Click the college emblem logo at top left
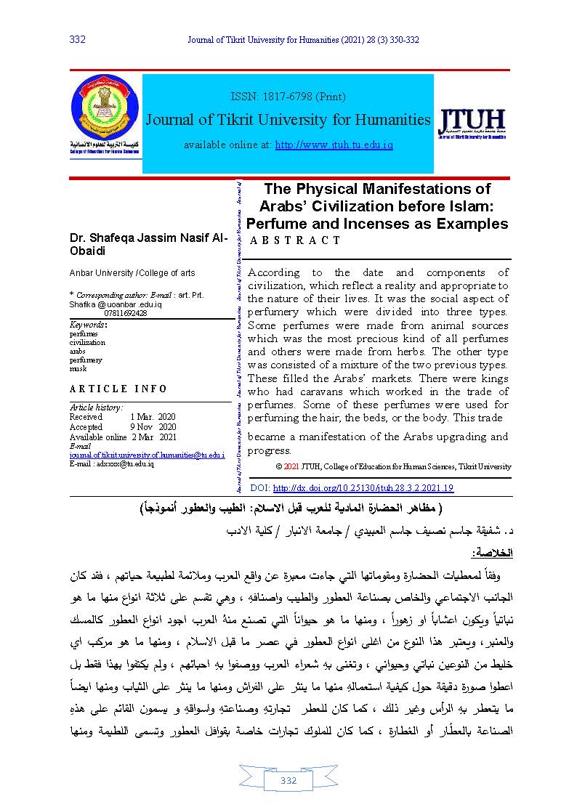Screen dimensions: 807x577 pyautogui.click(x=105, y=109)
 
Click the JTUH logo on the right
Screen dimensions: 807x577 pyautogui.click(x=472, y=123)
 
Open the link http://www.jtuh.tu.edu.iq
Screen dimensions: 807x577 pyautogui.click(x=334, y=145)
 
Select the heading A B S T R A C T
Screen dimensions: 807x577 pyautogui.click(x=295, y=240)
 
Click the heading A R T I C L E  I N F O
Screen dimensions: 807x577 pyautogui.click(x=118, y=389)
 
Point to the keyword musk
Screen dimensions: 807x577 pyautogui.click(x=78, y=368)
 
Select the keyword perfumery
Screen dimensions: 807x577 pyautogui.click(x=86, y=360)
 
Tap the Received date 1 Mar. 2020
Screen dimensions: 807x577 pyautogui.click(x=153, y=418)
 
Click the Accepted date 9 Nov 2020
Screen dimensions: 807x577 pyautogui.click(x=153, y=428)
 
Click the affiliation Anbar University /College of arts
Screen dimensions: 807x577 pyautogui.click(x=132, y=273)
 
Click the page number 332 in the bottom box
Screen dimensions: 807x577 pyautogui.click(x=288, y=781)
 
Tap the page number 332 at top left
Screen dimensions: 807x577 pyautogui.click(x=77, y=39)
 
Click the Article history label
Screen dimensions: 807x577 pyautogui.click(x=96, y=408)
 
